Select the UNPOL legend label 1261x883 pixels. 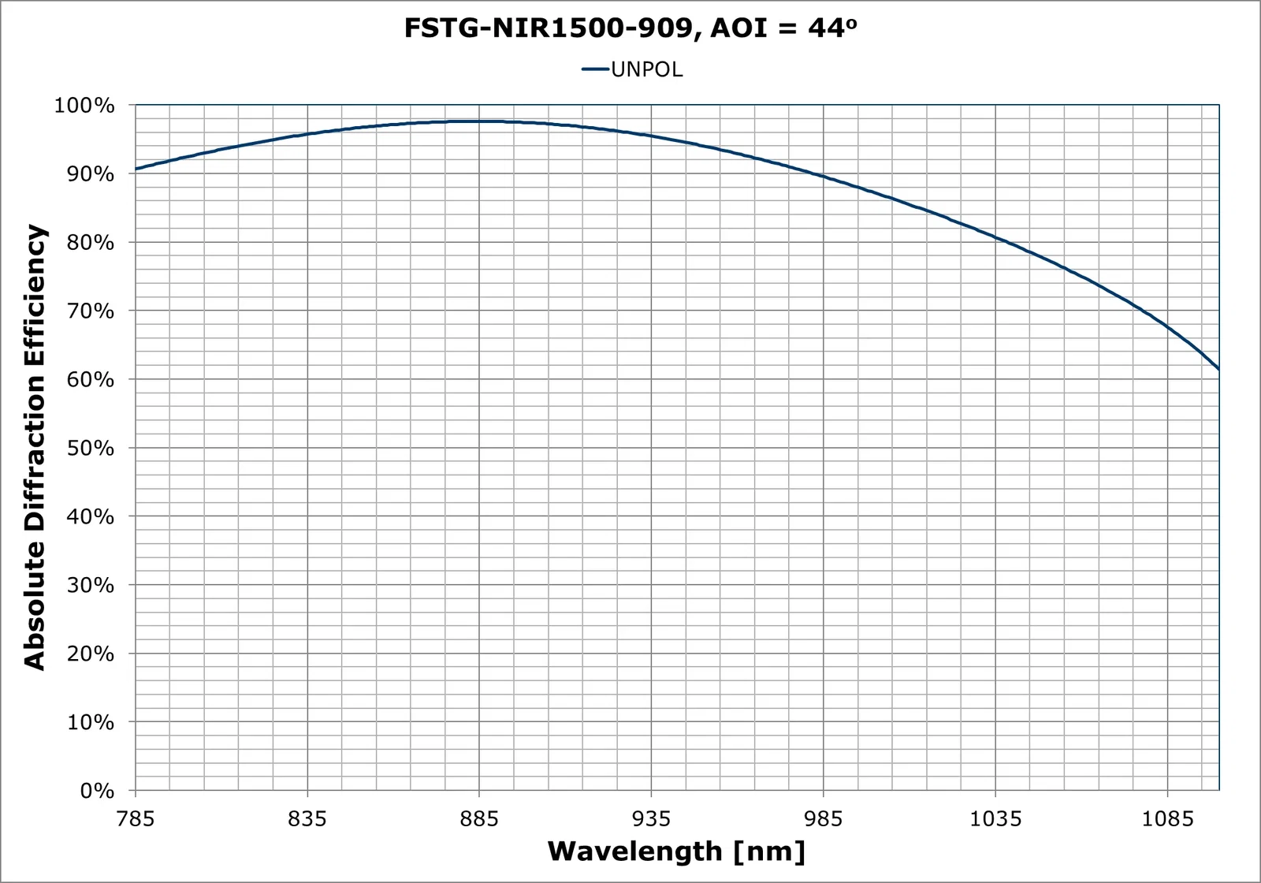point(646,70)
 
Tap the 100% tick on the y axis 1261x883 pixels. point(84,106)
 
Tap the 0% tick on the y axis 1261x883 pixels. point(93,792)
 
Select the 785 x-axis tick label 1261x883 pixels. point(136,819)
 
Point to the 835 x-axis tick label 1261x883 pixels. point(307,819)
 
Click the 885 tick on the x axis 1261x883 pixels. point(479,819)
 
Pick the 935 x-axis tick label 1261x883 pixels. point(652,819)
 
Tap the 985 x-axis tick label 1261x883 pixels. point(824,819)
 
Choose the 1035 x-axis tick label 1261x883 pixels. point(995,819)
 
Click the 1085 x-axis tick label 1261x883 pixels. point(1167,819)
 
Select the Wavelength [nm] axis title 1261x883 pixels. point(676,852)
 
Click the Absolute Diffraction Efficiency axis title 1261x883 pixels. point(35,448)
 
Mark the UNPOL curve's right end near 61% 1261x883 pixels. point(1218,367)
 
